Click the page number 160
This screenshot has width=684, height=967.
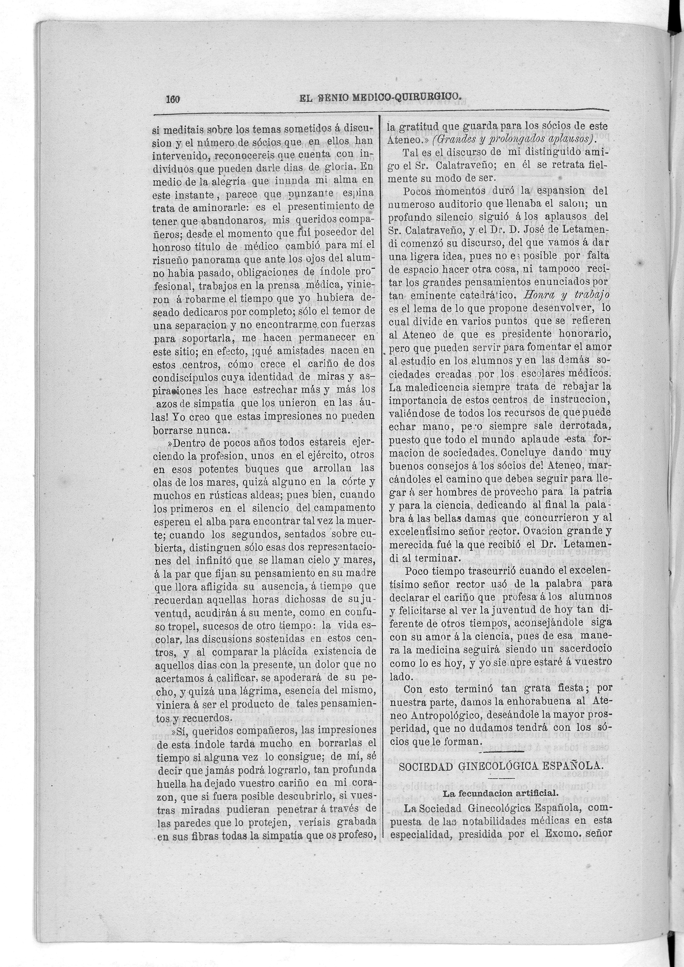(173, 99)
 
